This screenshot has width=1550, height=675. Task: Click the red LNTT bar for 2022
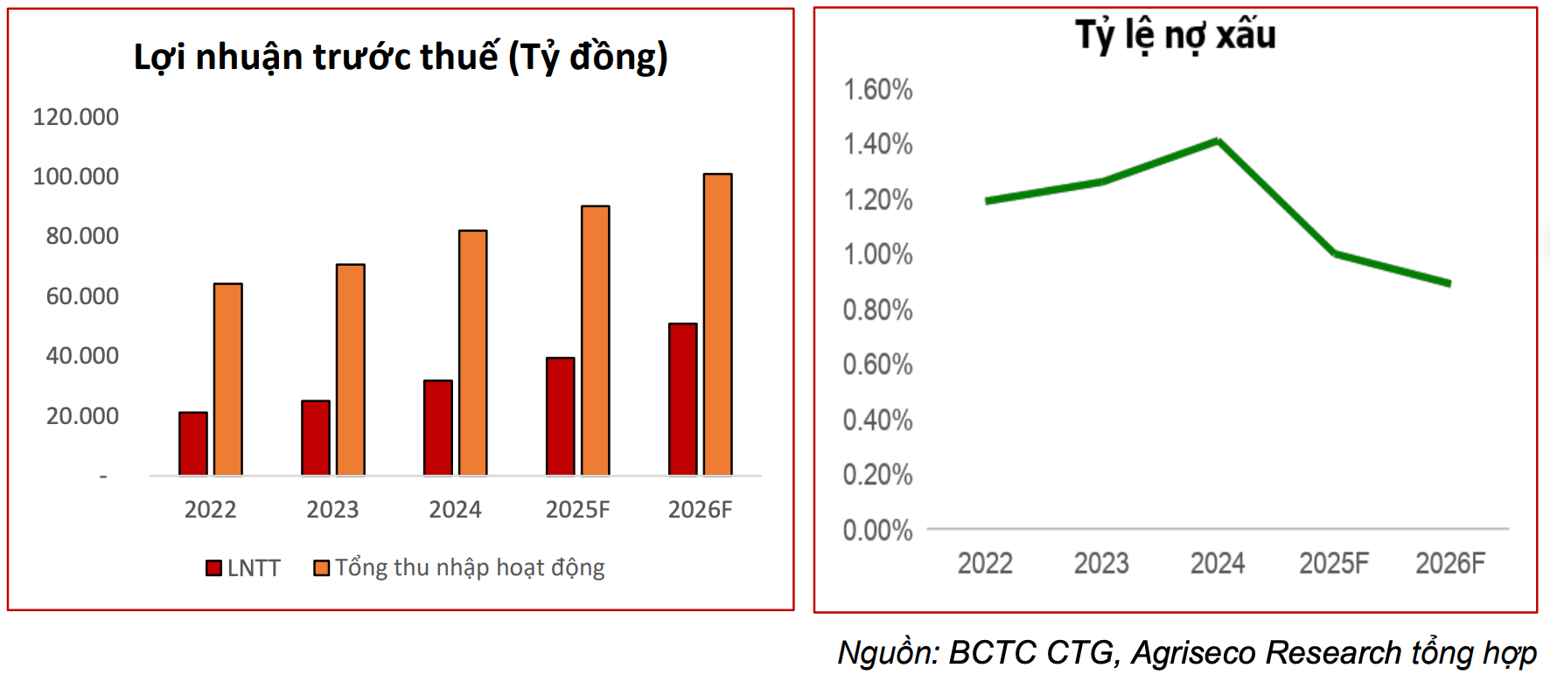pos(193,444)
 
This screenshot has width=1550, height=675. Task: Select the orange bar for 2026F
pos(717,324)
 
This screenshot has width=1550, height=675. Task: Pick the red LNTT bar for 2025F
pos(561,416)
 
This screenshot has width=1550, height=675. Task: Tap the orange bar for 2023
pos(351,370)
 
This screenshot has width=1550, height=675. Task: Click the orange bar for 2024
pos(473,353)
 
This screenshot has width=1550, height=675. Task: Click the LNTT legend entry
pos(243,568)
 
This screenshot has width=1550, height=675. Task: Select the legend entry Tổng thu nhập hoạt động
pos(459,568)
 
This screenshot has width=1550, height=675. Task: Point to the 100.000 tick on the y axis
pos(76,177)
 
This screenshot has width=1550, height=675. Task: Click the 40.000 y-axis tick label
pos(82,356)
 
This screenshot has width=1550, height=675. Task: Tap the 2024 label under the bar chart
pos(455,510)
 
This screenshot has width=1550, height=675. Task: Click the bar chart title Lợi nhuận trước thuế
pos(401,58)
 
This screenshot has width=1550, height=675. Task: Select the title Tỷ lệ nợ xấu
pos(1175,35)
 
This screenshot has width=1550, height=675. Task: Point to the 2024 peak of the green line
pos(1218,141)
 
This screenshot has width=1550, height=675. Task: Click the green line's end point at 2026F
pos(1449,283)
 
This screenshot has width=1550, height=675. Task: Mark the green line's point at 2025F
pos(1335,254)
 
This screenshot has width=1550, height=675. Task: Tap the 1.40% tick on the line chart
pos(877,144)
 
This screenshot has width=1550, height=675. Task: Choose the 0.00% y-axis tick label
pos(877,531)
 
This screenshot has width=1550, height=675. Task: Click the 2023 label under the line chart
pos(1101,564)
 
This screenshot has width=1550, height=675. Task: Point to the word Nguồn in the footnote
pos(886,653)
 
